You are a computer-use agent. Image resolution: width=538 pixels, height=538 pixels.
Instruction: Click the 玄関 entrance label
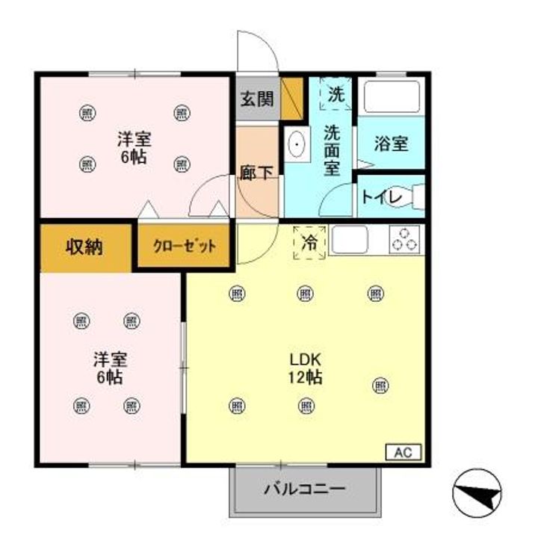point(256,99)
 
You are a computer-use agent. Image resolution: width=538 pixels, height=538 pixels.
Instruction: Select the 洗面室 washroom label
point(332,149)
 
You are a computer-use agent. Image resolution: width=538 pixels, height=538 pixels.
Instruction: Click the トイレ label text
point(382,197)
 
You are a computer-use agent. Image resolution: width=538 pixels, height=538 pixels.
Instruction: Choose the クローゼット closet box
point(185,247)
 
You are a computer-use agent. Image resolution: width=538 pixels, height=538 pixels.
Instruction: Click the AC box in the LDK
point(403,452)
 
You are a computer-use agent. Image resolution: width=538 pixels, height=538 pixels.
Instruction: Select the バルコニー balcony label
point(304,490)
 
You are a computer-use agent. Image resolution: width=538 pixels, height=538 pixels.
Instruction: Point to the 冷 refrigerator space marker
point(309,243)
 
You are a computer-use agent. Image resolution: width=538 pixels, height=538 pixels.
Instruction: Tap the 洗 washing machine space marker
point(337,94)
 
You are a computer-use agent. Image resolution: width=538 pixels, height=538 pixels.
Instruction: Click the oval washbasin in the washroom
point(297,144)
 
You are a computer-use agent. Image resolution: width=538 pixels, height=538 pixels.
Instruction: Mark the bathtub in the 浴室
point(392,96)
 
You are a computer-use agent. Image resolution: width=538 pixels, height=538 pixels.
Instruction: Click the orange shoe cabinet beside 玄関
point(291,98)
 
